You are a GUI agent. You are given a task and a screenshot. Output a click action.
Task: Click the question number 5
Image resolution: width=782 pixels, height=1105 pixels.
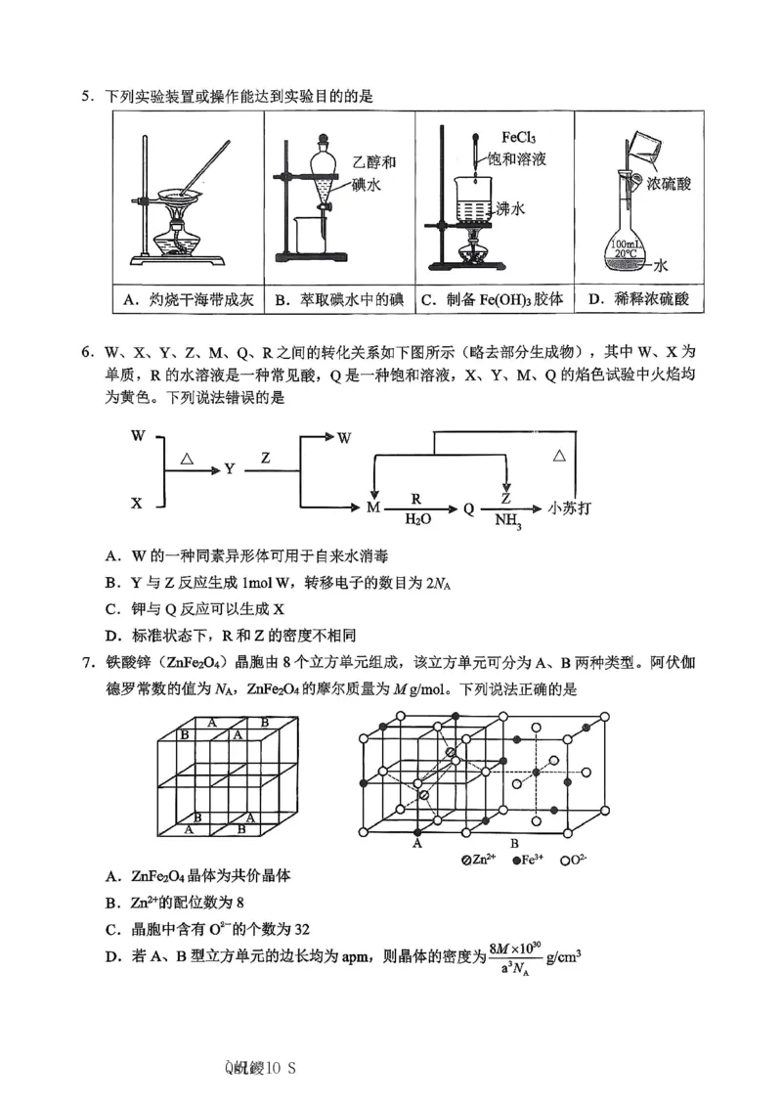(86, 95)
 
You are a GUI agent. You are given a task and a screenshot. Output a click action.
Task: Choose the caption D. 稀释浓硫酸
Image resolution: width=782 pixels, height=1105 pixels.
(639, 300)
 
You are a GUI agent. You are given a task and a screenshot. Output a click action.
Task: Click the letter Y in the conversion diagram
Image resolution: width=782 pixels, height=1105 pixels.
(230, 468)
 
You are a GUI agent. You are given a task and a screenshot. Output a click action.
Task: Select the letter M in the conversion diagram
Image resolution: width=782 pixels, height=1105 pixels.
(372, 508)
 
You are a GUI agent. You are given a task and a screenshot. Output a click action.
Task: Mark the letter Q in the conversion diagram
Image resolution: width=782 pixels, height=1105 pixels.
(468, 508)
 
